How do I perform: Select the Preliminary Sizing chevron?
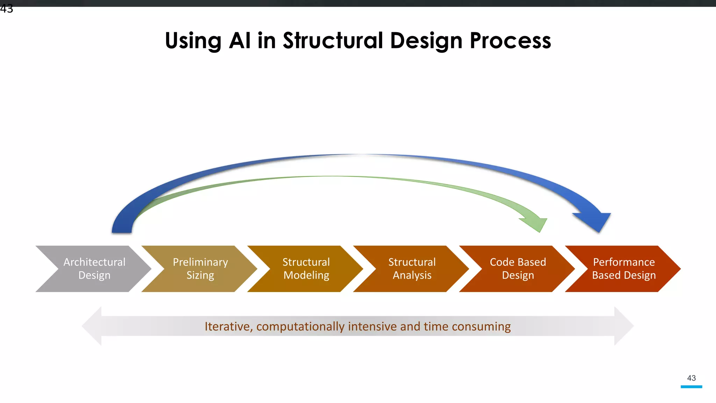pos(200,269)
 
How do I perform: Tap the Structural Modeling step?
pos(306,269)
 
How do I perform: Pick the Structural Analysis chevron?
pos(412,269)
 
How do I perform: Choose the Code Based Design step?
pos(518,269)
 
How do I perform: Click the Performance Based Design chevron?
pos(624,269)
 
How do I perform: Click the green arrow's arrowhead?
pos(537,224)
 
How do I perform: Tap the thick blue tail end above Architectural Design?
pos(122,226)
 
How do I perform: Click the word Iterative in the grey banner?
pos(227,326)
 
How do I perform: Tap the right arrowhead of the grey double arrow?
pos(624,326)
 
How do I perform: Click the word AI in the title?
pos(239,41)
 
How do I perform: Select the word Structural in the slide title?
pos(333,41)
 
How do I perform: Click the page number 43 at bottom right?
pos(691,378)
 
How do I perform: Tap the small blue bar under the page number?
pos(691,387)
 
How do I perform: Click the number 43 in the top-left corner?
pos(7,9)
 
